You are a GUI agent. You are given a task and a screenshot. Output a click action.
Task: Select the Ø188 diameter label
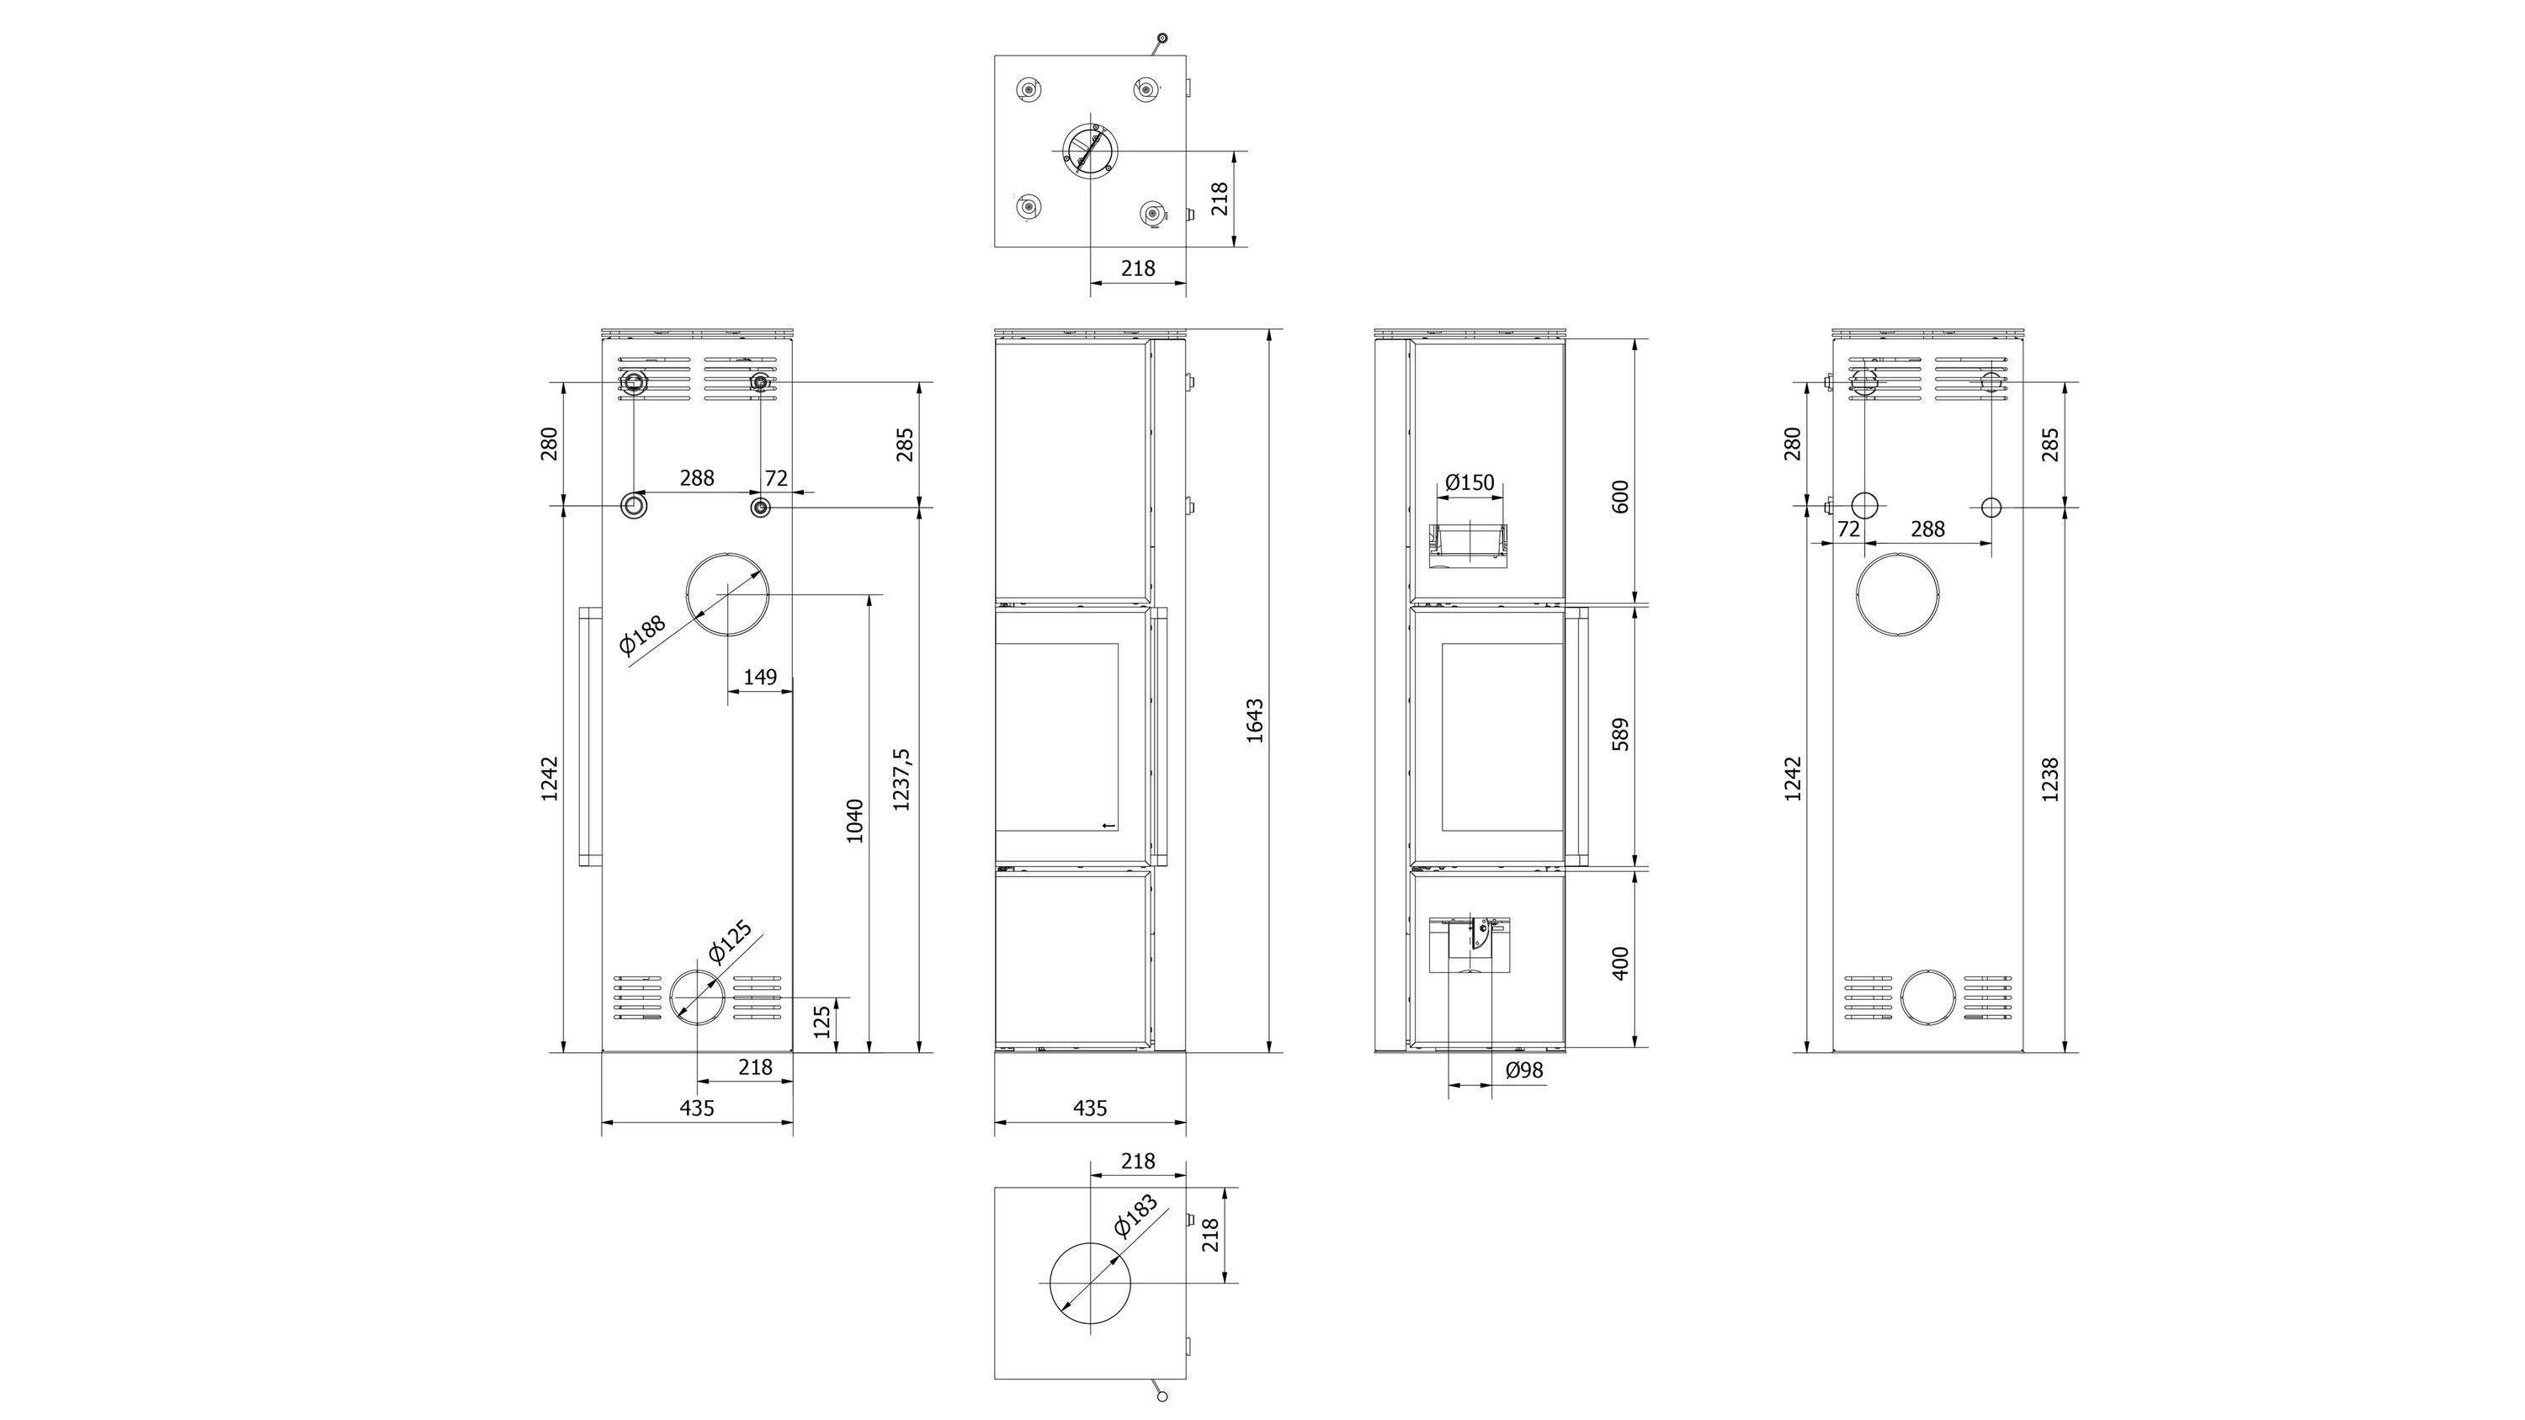pos(642,634)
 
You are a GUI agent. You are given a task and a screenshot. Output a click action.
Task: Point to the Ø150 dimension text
pos(1470,482)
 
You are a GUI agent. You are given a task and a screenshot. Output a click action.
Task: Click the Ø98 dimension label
pos(1524,1070)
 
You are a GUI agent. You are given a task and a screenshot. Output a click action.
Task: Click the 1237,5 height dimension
pos(901,779)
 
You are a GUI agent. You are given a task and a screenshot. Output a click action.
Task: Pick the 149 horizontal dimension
pos(760,676)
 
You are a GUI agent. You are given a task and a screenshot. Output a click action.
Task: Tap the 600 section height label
pos(1620,496)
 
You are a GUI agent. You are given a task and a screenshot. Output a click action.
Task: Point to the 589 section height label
pos(1620,734)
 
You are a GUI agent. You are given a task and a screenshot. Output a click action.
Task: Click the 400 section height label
pos(1620,963)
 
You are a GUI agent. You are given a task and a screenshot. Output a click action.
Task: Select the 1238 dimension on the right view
pos(2049,779)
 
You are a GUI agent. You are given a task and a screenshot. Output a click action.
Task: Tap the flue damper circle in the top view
pos(1090,152)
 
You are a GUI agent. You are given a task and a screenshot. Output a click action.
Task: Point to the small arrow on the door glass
pos(1108,825)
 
